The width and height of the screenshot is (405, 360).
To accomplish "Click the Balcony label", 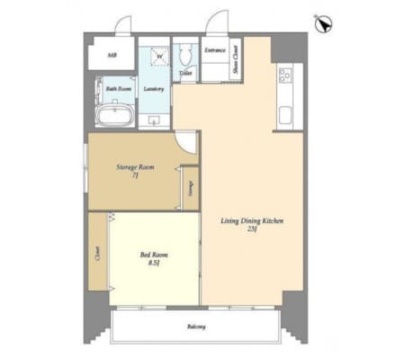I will click(197, 326).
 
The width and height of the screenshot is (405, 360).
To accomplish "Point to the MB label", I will click(112, 56).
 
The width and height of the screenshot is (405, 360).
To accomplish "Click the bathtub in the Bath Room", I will click(114, 116).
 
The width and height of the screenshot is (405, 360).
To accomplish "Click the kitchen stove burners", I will click(286, 75).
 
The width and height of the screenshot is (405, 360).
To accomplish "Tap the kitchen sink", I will click(287, 113).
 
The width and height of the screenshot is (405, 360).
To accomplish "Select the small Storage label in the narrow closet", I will click(190, 188).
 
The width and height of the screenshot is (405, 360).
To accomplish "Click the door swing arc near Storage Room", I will click(184, 141).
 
